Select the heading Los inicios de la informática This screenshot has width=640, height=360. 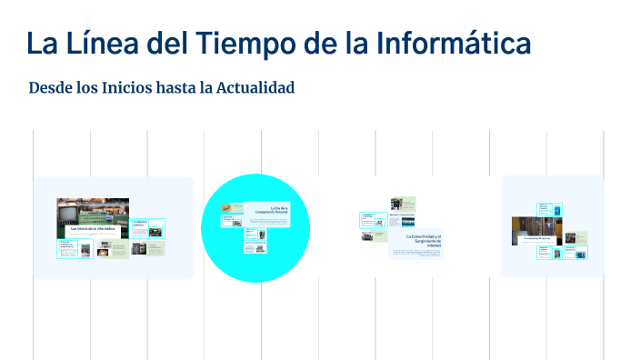pyautogui.click(x=93, y=229)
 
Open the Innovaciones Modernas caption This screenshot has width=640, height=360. pyautogui.click(x=537, y=238)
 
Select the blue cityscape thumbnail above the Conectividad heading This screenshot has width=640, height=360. pyautogui.click(x=403, y=221)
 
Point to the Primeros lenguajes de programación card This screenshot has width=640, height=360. pyautogui.click(x=74, y=248)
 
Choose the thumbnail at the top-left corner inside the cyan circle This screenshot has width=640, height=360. pyautogui.click(x=231, y=219)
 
